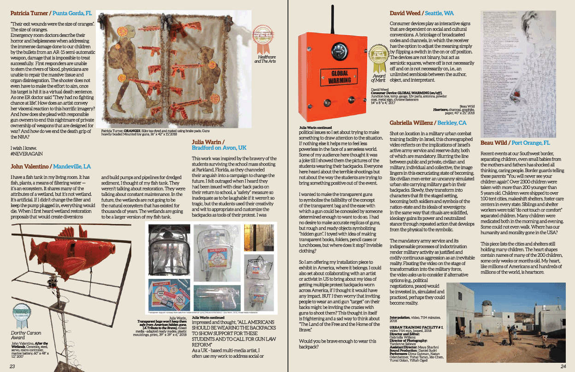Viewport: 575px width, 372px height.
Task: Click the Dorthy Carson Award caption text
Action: [26, 335]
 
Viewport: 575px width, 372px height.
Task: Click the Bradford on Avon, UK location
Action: [219, 148]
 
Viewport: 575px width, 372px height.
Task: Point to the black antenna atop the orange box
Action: [333, 18]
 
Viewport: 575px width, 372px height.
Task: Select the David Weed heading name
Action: [405, 13]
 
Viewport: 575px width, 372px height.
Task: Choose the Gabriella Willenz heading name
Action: [411, 123]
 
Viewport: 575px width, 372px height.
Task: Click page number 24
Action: [563, 366]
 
